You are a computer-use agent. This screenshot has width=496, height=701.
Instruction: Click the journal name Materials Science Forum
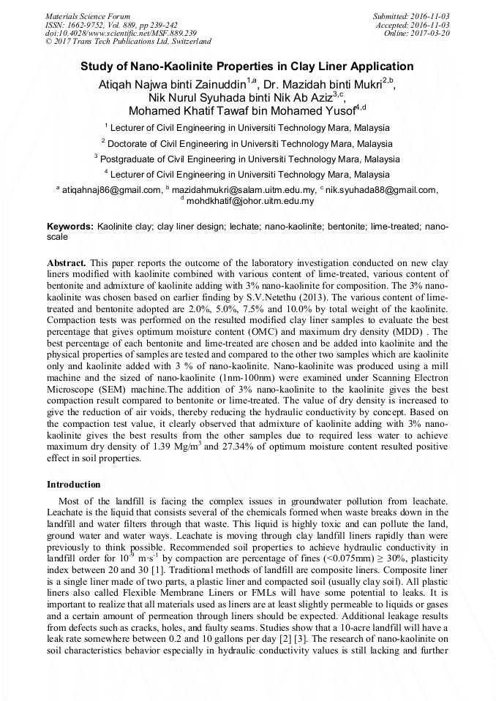(88, 16)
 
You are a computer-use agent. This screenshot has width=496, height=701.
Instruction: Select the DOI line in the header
(121, 34)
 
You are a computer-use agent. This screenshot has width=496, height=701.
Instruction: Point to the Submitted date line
(411, 16)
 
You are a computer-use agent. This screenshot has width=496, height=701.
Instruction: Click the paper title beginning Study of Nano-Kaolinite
(247, 66)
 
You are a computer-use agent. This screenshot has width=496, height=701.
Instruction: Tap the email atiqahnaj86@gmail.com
(110, 190)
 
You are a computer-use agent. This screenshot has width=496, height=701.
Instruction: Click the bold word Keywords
(70, 227)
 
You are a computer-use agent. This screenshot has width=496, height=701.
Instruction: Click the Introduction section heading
(73, 485)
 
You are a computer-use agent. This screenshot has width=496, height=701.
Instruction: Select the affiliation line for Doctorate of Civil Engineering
(247, 144)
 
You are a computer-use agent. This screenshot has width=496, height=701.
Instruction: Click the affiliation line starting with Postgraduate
(247, 159)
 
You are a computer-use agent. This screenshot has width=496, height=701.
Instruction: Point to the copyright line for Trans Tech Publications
(128, 42)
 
